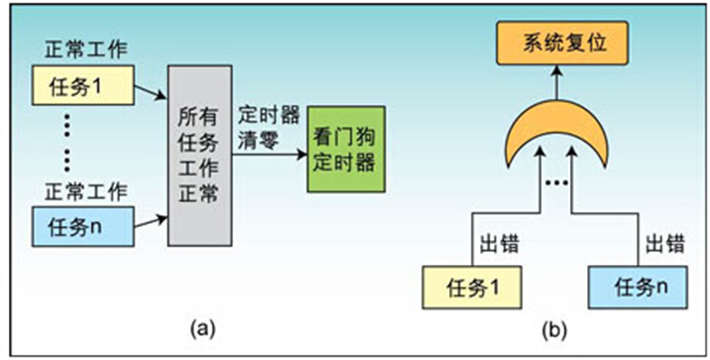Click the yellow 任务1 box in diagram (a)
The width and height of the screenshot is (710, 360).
83,82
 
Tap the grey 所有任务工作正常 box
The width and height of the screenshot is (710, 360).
199,154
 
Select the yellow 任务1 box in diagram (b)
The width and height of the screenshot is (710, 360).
462,288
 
